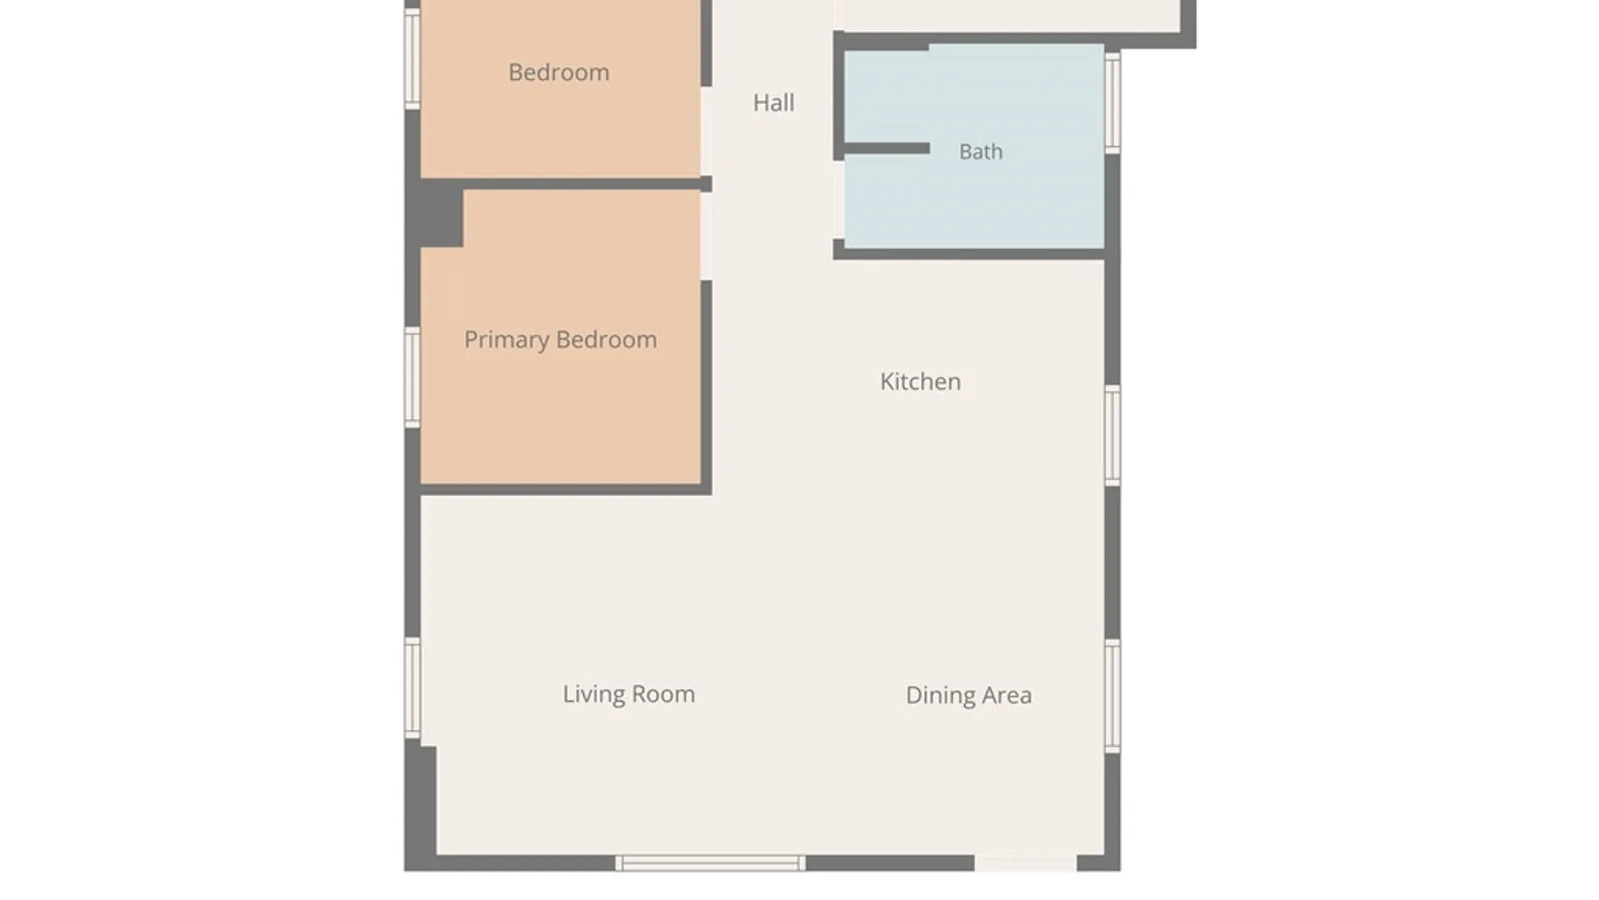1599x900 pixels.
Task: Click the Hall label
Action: (773, 102)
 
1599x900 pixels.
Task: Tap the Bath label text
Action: (980, 152)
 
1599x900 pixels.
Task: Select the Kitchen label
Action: (920, 382)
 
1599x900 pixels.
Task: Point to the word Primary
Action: (506, 340)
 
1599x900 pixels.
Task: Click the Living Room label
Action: (629, 694)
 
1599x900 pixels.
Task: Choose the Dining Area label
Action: (969, 695)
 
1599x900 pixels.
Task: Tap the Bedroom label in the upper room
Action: (559, 72)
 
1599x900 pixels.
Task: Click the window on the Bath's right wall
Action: (1113, 102)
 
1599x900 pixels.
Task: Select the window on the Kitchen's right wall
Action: (1113, 435)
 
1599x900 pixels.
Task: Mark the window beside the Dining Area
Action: (1113, 697)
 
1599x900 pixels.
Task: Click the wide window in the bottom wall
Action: (710, 863)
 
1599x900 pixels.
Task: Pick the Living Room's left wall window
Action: (412, 688)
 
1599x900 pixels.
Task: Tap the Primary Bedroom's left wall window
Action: (412, 377)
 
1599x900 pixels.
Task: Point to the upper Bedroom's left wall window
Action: (412, 58)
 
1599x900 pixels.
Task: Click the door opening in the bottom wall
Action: (1025, 863)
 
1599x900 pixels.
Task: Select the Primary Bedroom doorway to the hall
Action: (706, 237)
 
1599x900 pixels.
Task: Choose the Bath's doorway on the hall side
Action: (839, 200)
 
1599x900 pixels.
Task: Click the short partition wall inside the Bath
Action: (887, 148)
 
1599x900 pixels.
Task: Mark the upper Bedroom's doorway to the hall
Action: (706, 132)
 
